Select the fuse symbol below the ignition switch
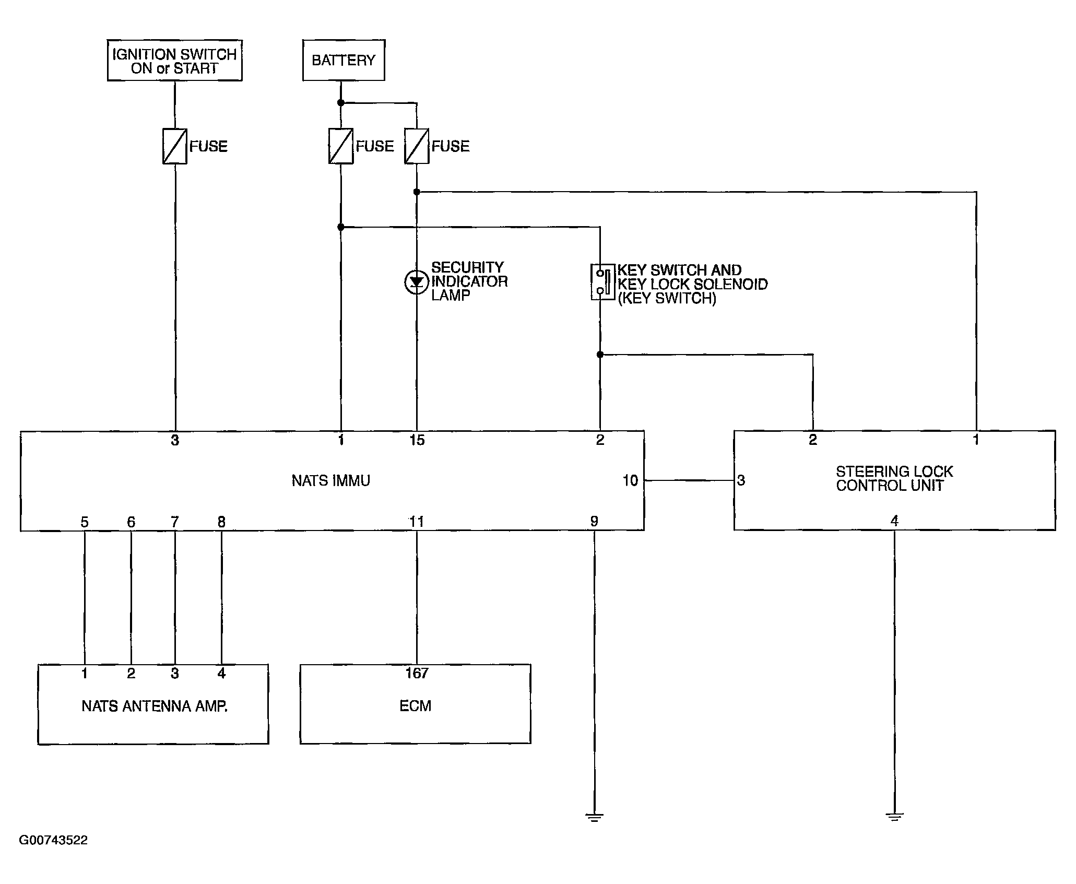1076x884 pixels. [175, 146]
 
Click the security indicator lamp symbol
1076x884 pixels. [416, 282]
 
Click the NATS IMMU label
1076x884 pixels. [331, 480]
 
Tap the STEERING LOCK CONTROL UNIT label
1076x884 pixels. [894, 479]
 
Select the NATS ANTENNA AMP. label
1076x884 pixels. [155, 706]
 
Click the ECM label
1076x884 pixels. [416, 706]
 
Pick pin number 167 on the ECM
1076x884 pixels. [417, 674]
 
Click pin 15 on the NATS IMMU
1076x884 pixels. [417, 440]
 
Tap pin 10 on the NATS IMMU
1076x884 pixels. [630, 480]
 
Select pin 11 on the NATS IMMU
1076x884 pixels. [417, 521]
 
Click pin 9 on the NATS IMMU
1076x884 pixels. [594, 521]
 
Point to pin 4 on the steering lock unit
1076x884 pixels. [894, 521]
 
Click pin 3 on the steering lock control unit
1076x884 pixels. [741, 480]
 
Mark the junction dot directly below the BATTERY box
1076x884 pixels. [341, 103]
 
